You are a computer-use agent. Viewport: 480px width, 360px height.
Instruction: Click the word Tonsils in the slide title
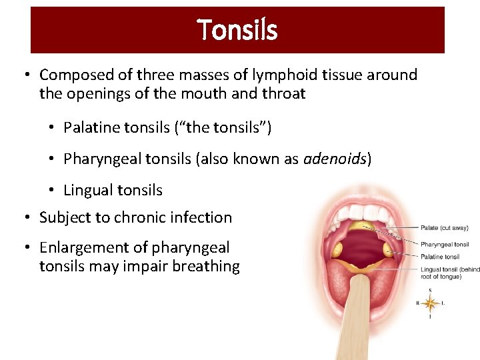237,30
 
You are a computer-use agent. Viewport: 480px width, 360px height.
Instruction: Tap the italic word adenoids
335,159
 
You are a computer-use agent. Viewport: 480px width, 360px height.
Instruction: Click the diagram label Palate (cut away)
445,229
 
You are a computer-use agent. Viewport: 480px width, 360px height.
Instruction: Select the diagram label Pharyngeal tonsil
445,245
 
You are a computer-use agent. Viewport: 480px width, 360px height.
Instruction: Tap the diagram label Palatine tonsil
440,257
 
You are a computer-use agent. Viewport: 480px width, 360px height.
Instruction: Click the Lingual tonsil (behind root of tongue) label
450,273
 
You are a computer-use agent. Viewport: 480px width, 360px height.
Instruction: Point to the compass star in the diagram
430,304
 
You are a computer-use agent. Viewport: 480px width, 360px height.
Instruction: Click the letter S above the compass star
430,291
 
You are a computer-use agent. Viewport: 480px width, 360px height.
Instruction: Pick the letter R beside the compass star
418,304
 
